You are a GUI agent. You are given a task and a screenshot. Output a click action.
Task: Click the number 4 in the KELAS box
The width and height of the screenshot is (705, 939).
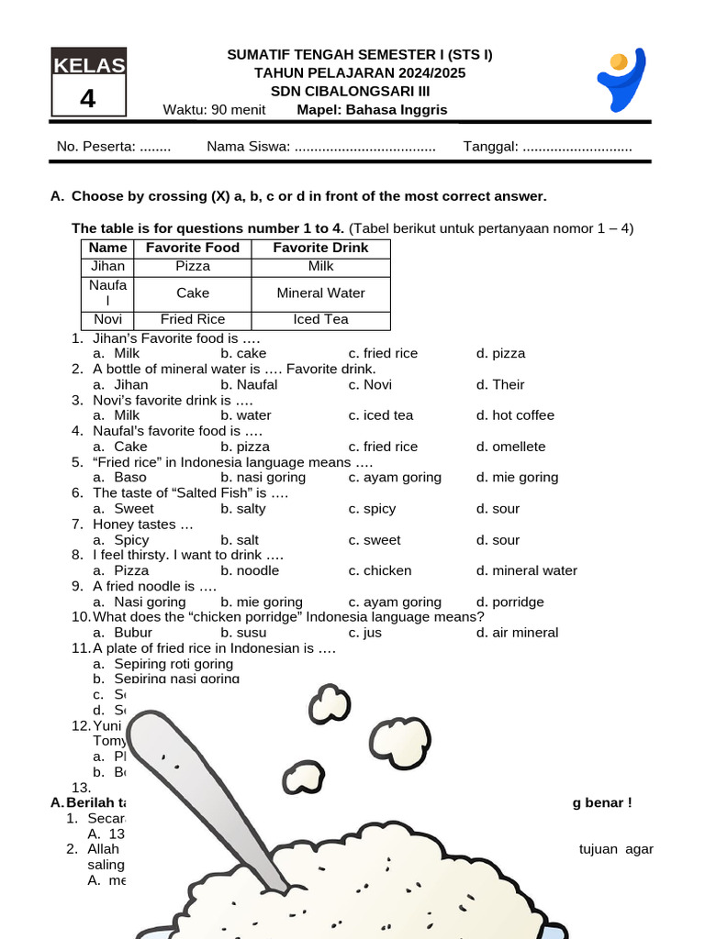[88, 98]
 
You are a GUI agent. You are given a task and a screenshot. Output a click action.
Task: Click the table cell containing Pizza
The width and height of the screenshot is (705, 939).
[193, 266]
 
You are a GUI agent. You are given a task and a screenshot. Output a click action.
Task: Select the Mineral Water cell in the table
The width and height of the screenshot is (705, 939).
[320, 293]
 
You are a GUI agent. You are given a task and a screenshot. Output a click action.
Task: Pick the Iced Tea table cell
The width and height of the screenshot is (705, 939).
[320, 320]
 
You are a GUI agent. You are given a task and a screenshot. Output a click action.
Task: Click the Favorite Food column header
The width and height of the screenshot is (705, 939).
[193, 248]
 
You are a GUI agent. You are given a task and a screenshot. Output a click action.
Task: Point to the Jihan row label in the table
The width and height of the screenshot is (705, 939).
[108, 266]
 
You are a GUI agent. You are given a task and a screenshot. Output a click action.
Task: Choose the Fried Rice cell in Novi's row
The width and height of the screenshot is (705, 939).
[193, 320]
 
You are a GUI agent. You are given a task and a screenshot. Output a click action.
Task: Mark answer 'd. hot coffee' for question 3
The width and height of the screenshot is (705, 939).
[515, 415]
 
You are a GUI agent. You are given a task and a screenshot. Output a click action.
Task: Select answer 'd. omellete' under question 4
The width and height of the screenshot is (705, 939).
[510, 447]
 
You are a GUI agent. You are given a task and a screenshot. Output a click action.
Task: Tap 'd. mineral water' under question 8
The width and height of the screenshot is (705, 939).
[526, 570]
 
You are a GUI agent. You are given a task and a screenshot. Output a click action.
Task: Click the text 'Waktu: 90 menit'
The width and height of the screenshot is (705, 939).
[214, 110]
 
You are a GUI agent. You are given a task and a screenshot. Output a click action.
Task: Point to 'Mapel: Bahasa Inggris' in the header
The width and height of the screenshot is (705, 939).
[373, 110]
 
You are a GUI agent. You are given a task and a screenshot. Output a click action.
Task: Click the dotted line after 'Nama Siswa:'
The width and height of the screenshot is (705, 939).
[364, 147]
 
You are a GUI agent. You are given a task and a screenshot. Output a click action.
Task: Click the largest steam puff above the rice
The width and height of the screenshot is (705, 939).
[399, 742]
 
